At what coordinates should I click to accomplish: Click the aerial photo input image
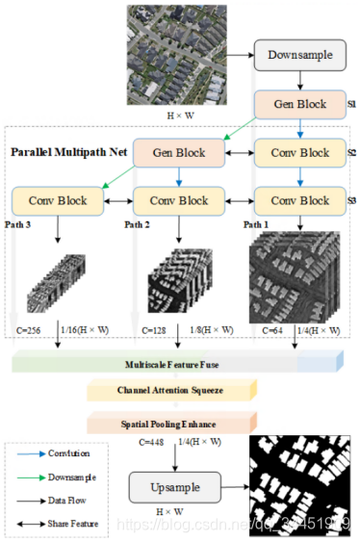[x=168, y=55]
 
